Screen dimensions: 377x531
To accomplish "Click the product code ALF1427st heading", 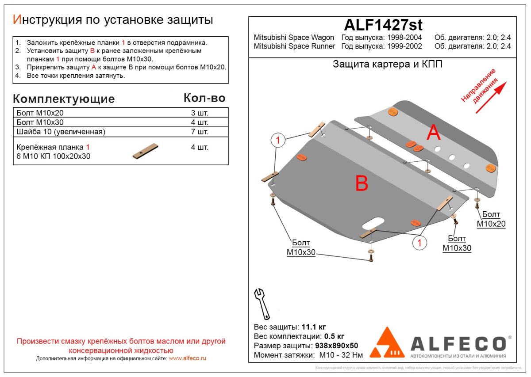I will pos(383,25).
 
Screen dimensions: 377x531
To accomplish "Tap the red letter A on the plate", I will pos(433,133).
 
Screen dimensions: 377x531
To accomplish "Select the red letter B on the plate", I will pos(362,183).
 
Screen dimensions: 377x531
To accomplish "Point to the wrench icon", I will pos(262,304).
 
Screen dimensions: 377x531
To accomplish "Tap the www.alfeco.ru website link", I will pos(188,358).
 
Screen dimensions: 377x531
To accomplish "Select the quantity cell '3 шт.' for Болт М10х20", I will pos(199,113).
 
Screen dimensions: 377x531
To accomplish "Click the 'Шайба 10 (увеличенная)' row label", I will pos(60,132).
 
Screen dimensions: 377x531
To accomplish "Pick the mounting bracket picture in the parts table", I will pos(146,151).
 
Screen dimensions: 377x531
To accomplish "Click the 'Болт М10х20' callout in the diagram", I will pos(491,219).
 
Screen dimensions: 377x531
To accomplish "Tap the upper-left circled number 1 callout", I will pos(277,141).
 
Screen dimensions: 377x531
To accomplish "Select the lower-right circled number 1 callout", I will pos(419,242).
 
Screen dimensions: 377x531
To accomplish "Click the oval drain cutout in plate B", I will pos(373,222).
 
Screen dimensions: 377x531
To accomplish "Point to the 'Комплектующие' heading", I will pos(64,99).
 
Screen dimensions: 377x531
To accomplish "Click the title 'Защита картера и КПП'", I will pos(387,65).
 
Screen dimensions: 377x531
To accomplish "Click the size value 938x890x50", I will pos(336,346).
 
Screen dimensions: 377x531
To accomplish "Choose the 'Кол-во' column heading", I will pos(204,98).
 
